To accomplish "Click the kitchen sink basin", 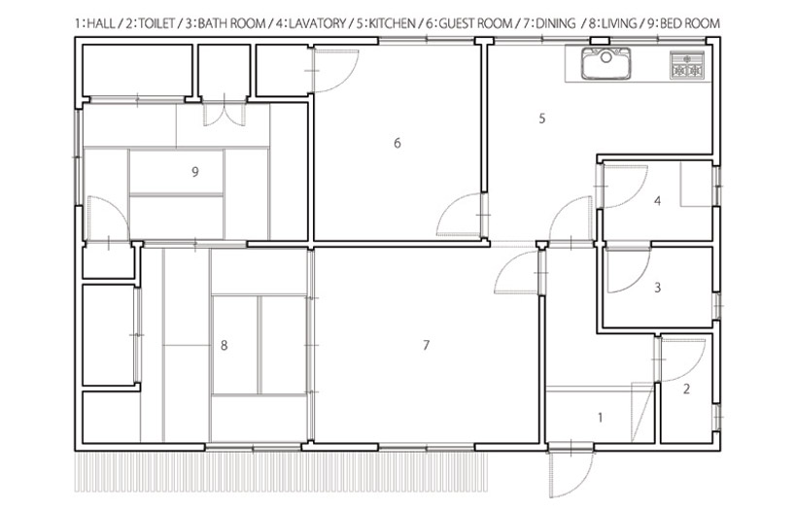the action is (x=605, y=63).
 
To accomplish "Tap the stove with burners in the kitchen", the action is (x=687, y=65).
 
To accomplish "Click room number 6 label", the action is (x=397, y=143).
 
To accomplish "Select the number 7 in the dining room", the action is (x=426, y=345).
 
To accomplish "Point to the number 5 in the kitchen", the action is (x=542, y=119).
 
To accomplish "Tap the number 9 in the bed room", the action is (x=195, y=172).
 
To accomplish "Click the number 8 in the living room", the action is (x=225, y=346).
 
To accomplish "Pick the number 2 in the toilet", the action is (x=686, y=389).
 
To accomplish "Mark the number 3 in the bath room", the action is (x=658, y=288).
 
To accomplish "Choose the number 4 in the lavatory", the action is (x=658, y=201).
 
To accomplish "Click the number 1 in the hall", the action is (x=601, y=418).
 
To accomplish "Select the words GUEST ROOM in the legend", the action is (x=475, y=23).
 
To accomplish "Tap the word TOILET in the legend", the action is (x=156, y=23).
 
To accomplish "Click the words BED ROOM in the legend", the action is (x=689, y=23).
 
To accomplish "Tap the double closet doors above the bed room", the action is (x=225, y=114).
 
